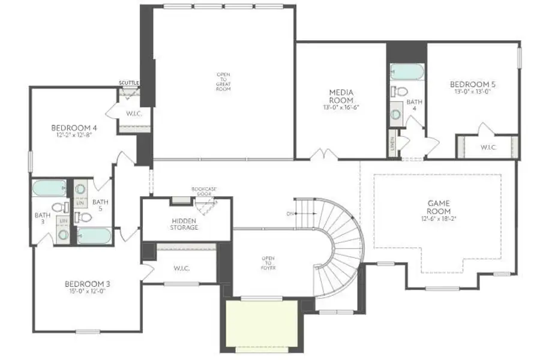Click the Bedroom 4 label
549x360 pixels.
click(74, 127)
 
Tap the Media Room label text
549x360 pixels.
click(340, 96)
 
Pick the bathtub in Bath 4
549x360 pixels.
click(407, 72)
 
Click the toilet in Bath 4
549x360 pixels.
click(399, 91)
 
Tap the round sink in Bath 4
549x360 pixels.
click(396, 112)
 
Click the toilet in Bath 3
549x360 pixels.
click(59, 208)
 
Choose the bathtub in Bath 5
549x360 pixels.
click(94, 235)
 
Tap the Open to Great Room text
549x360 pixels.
click(223, 82)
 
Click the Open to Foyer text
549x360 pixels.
click(268, 262)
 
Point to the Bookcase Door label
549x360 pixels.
click(204, 191)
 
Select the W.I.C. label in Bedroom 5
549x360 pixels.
click(489, 147)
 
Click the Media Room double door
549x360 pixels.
click(325, 155)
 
